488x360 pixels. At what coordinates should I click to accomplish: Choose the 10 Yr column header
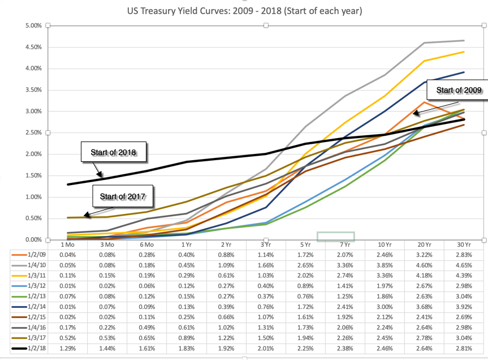click(385, 244)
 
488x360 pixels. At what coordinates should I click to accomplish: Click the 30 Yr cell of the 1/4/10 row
click(465, 265)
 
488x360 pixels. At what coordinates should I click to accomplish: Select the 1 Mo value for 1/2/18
click(66, 350)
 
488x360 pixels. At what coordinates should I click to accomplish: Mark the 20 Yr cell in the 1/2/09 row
click(425, 255)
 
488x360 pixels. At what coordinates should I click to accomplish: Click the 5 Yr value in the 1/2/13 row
click(305, 297)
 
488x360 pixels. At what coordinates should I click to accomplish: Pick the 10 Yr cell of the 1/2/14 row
click(385, 307)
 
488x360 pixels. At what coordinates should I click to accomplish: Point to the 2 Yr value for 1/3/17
click(226, 339)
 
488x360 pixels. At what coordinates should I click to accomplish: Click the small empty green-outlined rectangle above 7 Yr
click(335, 236)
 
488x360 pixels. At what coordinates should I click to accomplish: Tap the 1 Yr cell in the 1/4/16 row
click(185, 329)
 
